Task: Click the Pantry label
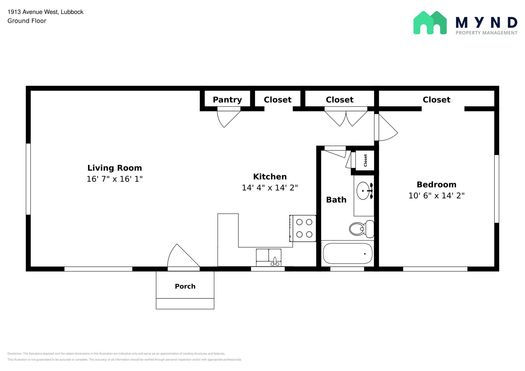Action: pos(227,100)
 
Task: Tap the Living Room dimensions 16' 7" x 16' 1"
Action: pos(115,179)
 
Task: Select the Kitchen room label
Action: pos(270,177)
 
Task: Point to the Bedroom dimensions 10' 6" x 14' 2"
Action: pos(437,196)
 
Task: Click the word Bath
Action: pos(336,200)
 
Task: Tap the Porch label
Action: pos(185,286)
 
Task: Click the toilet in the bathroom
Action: pos(362,229)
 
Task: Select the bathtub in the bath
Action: pos(348,253)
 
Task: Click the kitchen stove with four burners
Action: pos(303,228)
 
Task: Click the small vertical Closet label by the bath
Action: pos(366,160)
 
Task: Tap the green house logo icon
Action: pos(430,23)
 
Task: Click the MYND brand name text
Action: pos(487,23)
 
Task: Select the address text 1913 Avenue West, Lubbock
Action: pos(45,12)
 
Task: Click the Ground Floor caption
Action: pos(27,21)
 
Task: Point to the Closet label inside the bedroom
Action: pos(436,100)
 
